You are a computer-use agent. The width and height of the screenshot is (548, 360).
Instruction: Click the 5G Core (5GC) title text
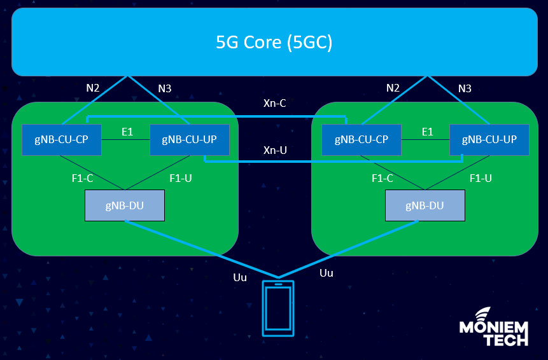[274, 43]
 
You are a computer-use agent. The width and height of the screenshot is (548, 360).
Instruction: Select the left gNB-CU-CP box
[62, 139]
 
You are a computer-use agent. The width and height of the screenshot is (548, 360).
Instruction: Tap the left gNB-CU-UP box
[190, 139]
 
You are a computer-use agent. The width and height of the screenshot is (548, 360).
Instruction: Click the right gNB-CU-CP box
[362, 139]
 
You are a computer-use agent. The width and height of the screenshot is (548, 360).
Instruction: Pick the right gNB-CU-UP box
[489, 139]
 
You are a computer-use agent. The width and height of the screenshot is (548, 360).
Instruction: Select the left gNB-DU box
[125, 205]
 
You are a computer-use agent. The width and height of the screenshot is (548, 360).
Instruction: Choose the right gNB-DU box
[425, 205]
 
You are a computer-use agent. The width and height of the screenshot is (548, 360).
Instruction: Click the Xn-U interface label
[274, 150]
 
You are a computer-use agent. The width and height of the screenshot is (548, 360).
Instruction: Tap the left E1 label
[127, 132]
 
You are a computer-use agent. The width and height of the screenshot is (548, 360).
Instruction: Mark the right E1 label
[427, 132]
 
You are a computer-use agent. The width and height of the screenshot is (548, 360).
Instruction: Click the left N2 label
[93, 88]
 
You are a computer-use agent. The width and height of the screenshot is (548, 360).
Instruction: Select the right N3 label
[465, 88]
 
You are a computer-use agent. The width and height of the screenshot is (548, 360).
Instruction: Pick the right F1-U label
[481, 179]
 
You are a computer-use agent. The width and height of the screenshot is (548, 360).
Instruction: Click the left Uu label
[240, 277]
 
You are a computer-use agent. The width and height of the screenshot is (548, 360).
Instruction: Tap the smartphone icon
[278, 308]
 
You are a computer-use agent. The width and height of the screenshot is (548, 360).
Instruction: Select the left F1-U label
[181, 179]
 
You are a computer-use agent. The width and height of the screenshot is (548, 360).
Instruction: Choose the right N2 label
[393, 88]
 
